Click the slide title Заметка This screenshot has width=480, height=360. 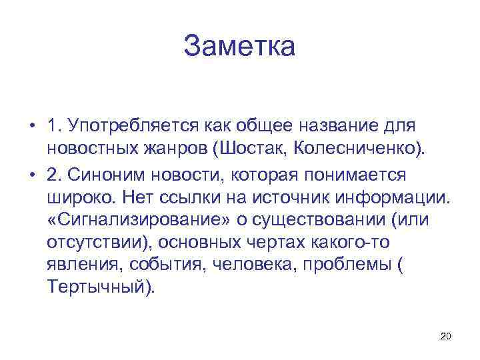click(239, 47)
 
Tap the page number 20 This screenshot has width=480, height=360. click(445, 335)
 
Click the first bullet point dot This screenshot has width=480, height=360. click(31, 126)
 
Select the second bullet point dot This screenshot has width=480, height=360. click(31, 174)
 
